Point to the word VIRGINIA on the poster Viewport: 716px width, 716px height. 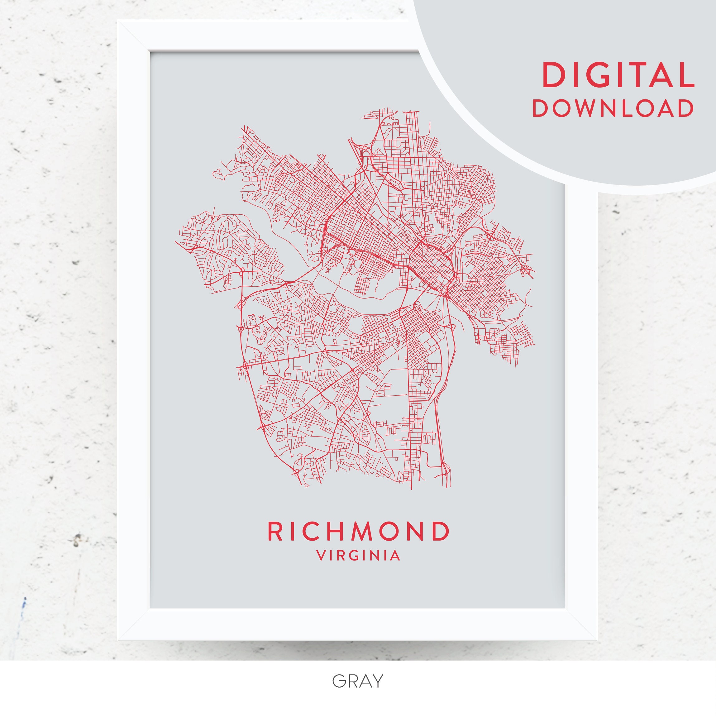[x=358, y=556]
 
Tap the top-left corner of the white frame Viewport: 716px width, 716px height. [x=118, y=21]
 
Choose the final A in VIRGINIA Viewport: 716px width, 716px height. [x=395, y=556]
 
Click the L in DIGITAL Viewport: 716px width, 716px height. [x=685, y=75]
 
